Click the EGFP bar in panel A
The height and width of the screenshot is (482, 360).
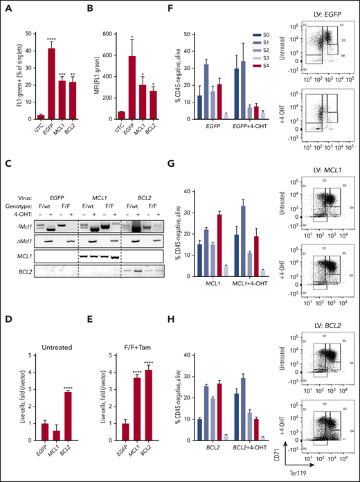tap(51, 75)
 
